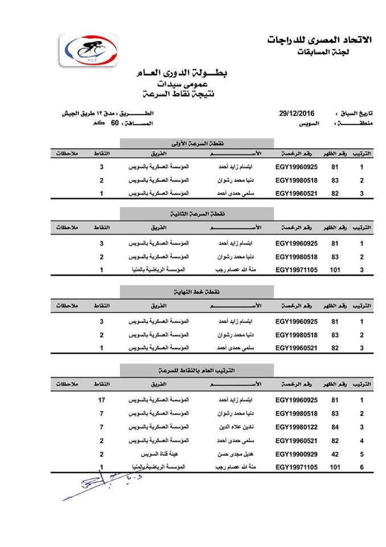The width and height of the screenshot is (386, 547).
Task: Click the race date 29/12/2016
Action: click(x=297, y=113)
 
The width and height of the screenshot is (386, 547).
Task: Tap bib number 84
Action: click(x=335, y=427)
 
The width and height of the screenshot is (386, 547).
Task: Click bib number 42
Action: click(x=335, y=454)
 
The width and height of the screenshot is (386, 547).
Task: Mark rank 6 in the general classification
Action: click(x=362, y=467)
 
